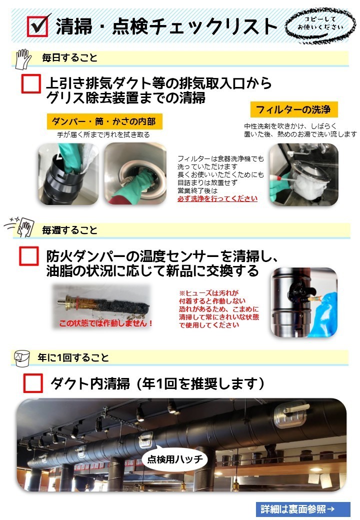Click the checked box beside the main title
click(x=37, y=26)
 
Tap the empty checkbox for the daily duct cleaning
click(x=31, y=83)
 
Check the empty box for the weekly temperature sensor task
click(x=29, y=256)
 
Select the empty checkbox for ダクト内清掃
click(x=33, y=383)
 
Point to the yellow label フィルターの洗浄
click(x=293, y=109)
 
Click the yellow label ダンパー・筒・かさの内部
click(x=104, y=121)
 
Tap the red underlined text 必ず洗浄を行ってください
click(x=217, y=198)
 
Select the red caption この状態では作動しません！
click(x=105, y=322)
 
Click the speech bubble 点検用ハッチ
click(x=175, y=459)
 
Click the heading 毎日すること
click(x=69, y=57)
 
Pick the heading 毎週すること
click(x=69, y=230)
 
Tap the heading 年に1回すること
click(x=73, y=357)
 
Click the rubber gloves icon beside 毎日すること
click(x=23, y=59)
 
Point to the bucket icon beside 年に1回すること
click(x=22, y=358)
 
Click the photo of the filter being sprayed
click(x=303, y=174)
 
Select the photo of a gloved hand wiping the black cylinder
click(x=68, y=174)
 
